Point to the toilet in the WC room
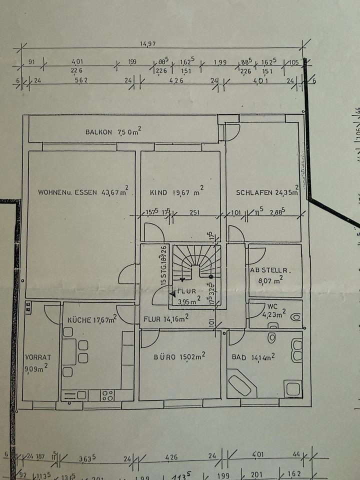click(x=294, y=316)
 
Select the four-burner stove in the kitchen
click(x=108, y=395)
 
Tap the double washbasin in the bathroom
click(x=296, y=350)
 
